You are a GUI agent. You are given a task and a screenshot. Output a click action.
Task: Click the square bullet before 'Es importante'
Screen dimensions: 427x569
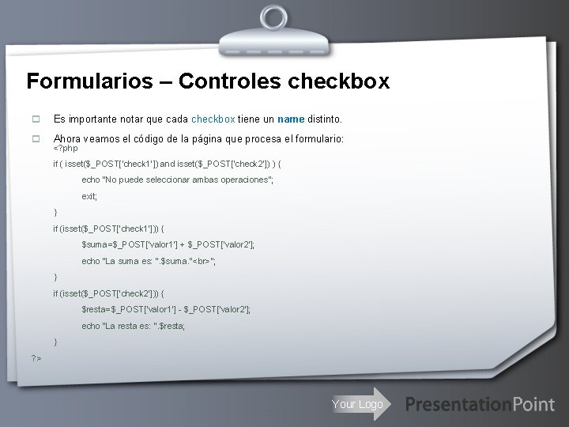(35, 119)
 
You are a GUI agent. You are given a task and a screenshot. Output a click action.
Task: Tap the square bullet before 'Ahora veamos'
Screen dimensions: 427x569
(35, 138)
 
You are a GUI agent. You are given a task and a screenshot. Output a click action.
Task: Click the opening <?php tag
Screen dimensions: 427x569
(65, 149)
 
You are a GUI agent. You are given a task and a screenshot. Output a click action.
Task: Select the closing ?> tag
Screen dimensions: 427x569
(36, 358)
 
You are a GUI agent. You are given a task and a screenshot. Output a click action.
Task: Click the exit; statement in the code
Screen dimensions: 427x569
(89, 196)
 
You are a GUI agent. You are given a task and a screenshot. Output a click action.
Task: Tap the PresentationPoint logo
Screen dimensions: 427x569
(480, 404)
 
